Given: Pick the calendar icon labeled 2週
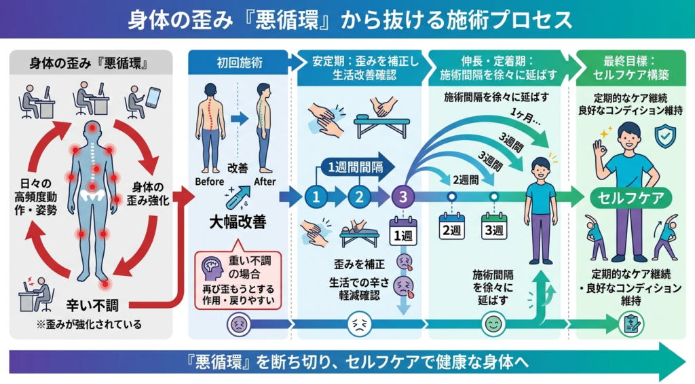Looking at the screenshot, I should coord(452,226).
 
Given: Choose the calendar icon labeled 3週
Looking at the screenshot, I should coord(494,226).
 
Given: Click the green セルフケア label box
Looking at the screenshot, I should coord(631,197).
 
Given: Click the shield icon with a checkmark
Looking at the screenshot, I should coord(664,137).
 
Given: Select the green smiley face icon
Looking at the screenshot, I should coord(491,325).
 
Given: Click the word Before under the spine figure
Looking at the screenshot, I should coord(209,181).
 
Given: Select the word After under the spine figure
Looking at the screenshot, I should coord(264,181).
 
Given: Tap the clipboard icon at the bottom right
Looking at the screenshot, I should coord(630,324).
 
